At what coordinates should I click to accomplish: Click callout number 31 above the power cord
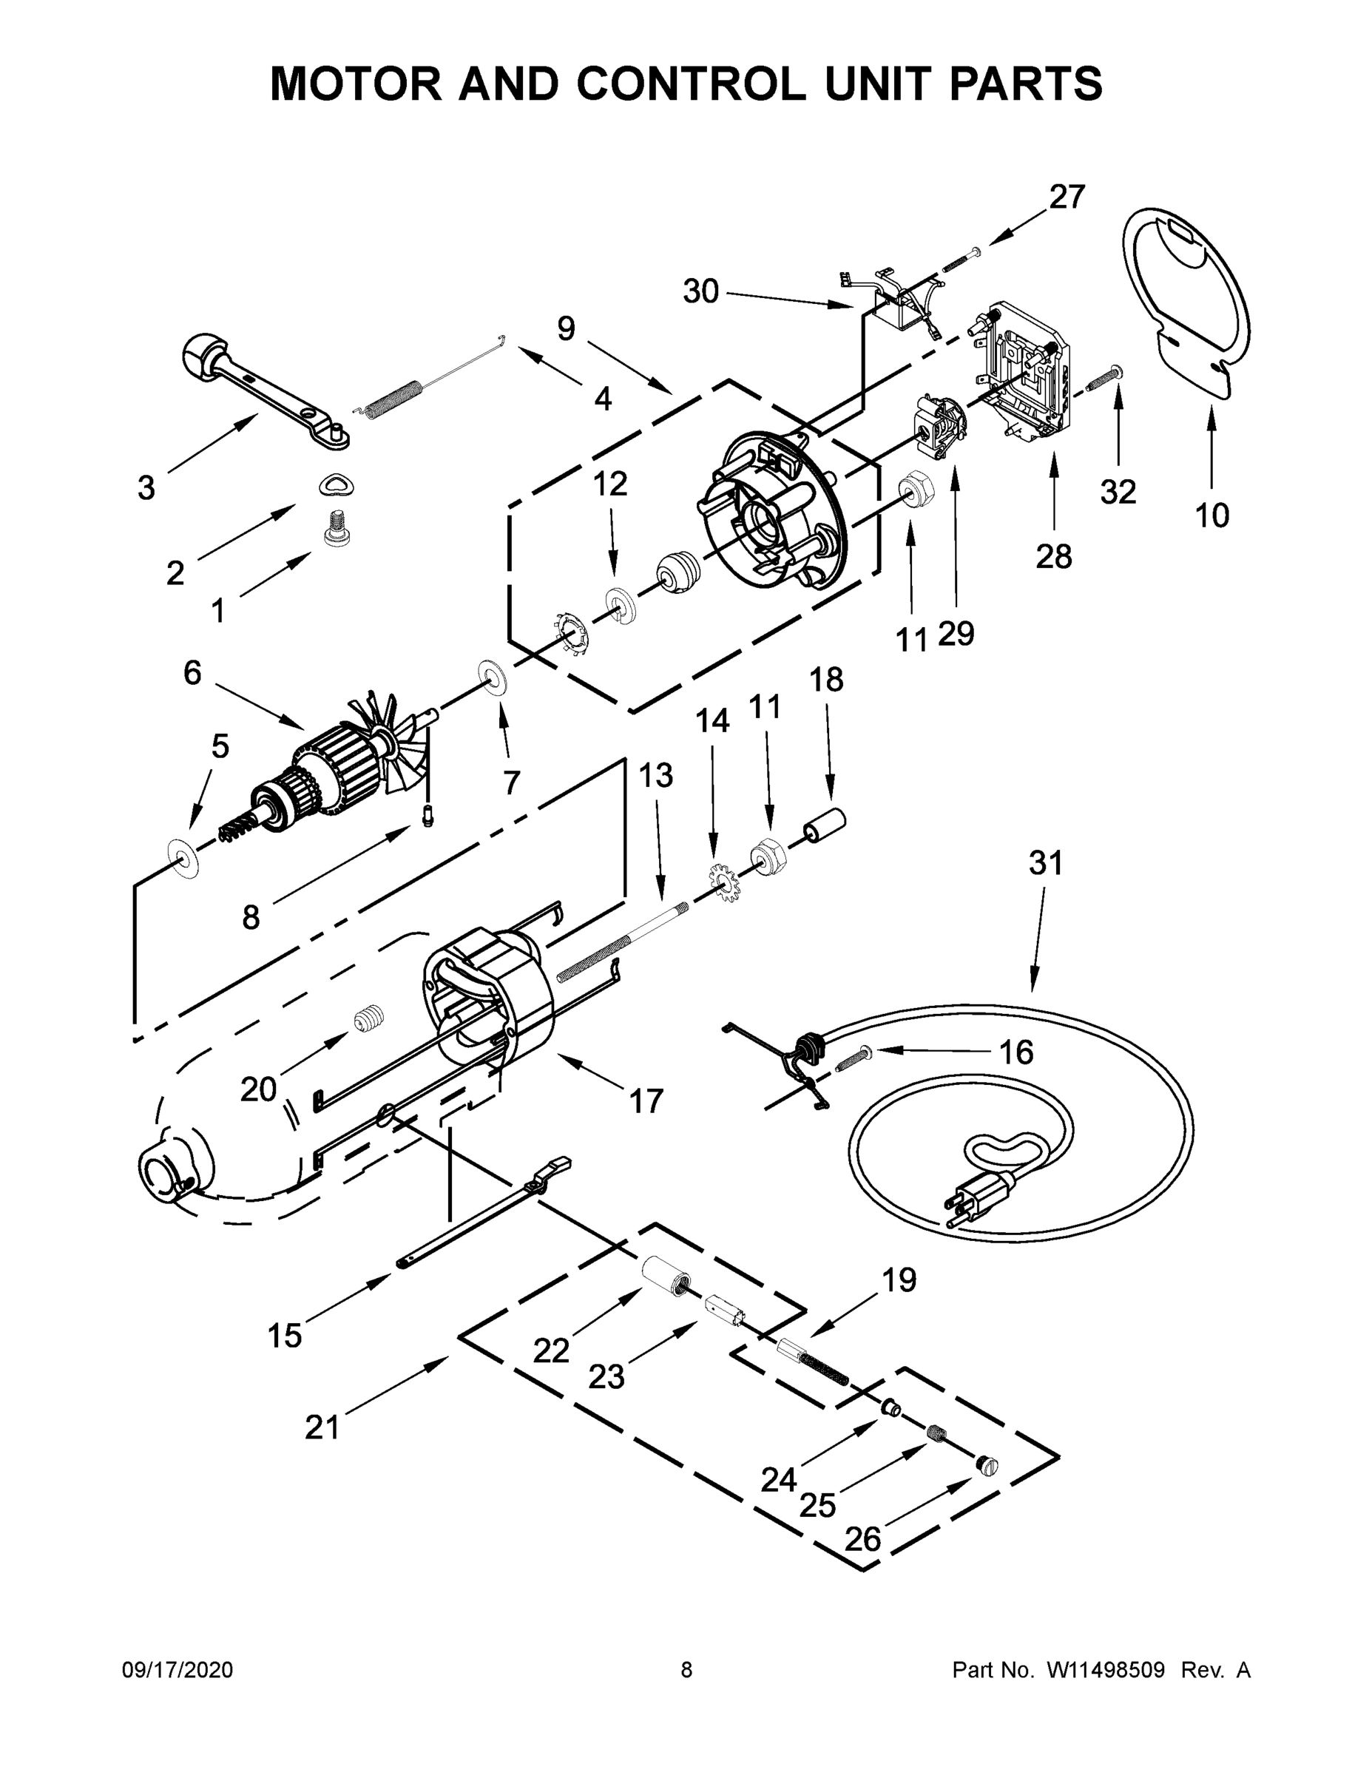[x=1045, y=862]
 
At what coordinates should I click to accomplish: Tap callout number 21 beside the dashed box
[x=322, y=1427]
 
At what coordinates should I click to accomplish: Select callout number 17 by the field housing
[x=646, y=1101]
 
